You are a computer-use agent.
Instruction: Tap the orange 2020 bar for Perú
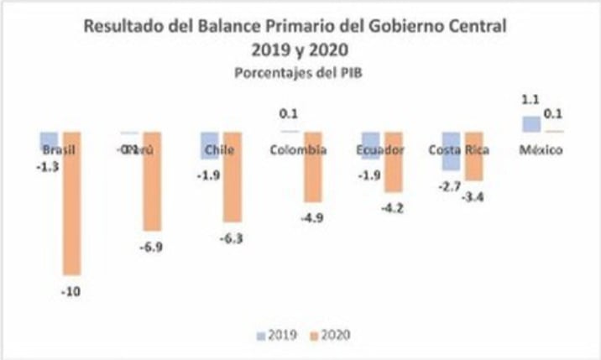152,180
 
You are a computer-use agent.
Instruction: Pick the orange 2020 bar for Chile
233,176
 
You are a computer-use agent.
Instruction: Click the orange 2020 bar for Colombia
312,166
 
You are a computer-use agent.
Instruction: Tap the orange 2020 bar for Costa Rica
473,156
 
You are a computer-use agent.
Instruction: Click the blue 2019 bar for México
531,124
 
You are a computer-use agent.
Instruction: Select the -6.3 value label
232,238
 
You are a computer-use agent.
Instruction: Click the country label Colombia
299,150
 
